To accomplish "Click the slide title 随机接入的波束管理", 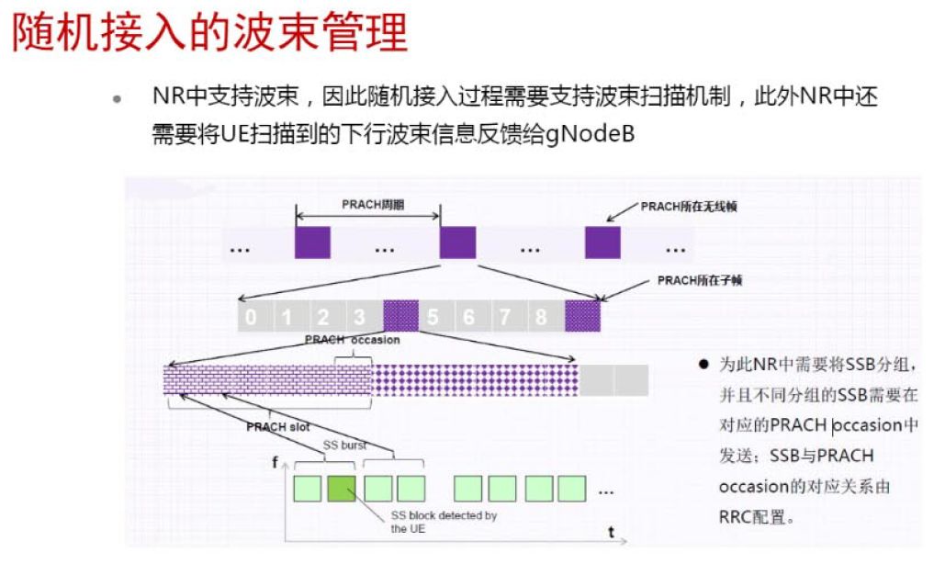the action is coord(209,34).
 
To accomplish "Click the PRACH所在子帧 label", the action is coord(700,280).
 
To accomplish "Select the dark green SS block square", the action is coord(341,488).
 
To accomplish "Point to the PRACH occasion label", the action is coord(353,340).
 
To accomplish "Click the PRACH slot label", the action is coord(278,426).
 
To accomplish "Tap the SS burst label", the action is coord(344,445).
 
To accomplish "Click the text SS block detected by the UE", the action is coord(444,522).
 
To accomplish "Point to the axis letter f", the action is coord(275,462).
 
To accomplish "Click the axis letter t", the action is coord(611,532).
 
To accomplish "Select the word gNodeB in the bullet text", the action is coord(591,134).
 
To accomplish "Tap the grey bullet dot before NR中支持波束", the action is coord(117,98).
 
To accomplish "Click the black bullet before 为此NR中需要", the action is coord(703,365).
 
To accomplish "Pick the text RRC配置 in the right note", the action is coord(749,517).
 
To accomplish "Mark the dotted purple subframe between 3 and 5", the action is coord(400,316).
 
